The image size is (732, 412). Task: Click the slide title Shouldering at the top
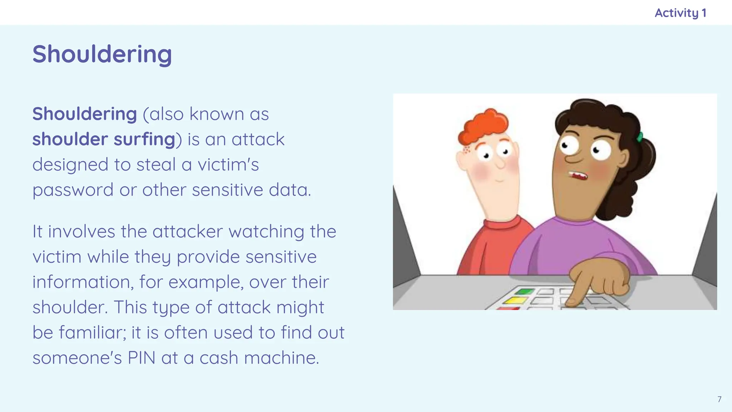pos(102,54)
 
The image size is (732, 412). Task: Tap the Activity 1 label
pos(680,13)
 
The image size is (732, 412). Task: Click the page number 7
pos(719,399)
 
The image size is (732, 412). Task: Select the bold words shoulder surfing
pos(104,139)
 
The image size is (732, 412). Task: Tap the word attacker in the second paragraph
pos(188,231)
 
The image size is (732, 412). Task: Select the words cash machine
pos(259,358)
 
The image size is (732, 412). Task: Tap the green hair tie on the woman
pos(640,137)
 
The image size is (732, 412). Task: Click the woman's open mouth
pos(578,176)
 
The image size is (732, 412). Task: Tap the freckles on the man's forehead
pos(467,149)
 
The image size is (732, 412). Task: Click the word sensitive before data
pos(227,190)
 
